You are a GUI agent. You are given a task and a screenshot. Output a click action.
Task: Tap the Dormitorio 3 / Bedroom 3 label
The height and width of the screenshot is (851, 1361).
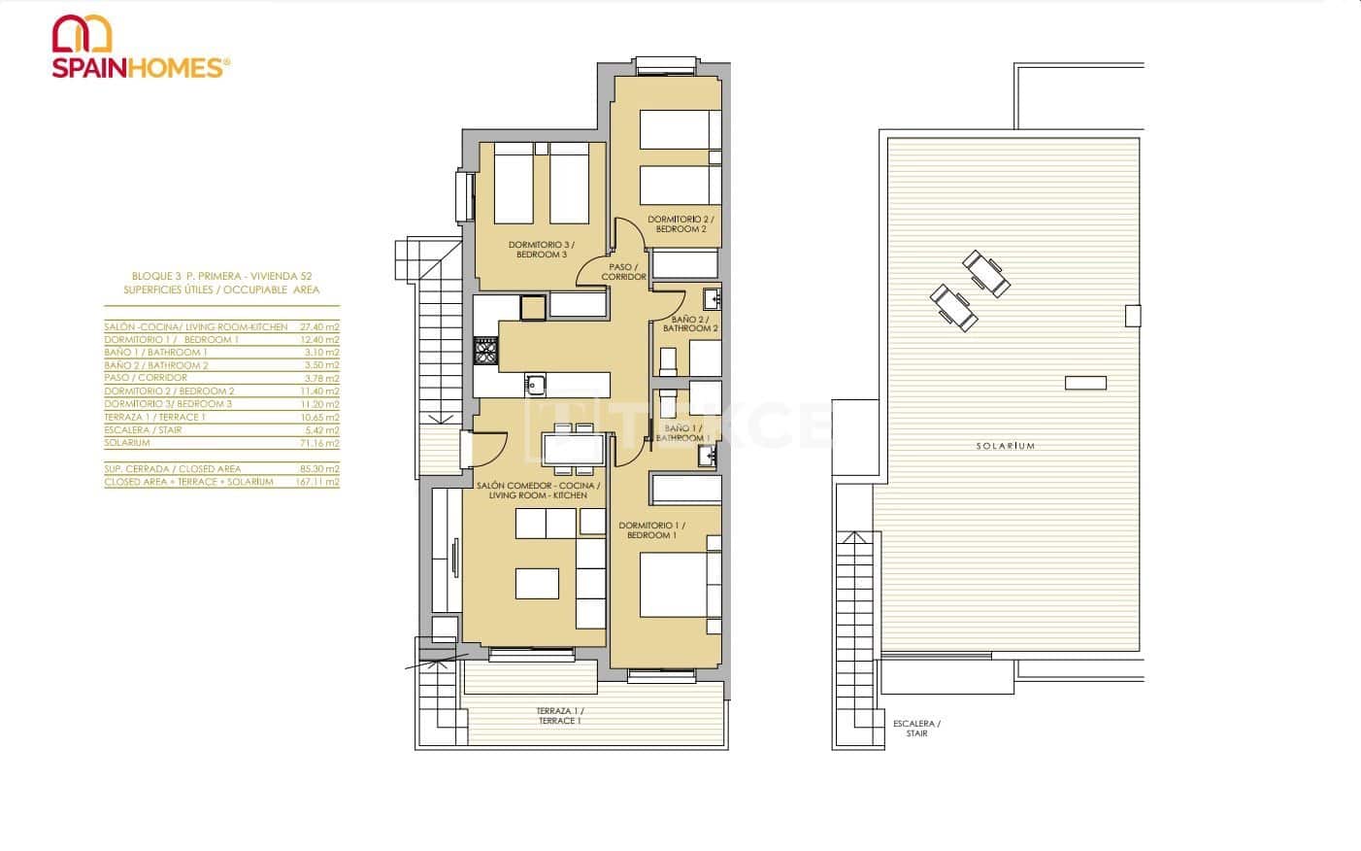pyautogui.click(x=542, y=250)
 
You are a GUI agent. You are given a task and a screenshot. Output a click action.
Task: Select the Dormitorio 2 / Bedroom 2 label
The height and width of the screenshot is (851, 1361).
pyautogui.click(x=680, y=224)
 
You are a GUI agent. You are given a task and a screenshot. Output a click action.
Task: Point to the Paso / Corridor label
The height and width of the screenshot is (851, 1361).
pyautogui.click(x=622, y=272)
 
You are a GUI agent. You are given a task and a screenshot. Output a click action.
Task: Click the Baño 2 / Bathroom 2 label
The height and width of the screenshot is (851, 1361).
pyautogui.click(x=690, y=323)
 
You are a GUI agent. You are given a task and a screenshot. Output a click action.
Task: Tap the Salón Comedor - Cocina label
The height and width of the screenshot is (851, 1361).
pyautogui.click(x=538, y=490)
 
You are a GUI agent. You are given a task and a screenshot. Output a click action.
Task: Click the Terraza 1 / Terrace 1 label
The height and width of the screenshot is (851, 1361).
pyautogui.click(x=559, y=716)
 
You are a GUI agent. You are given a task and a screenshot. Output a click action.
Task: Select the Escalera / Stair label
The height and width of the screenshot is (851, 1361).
pyautogui.click(x=916, y=729)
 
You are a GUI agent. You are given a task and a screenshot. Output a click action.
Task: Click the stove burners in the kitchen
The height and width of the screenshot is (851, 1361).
pyautogui.click(x=485, y=351)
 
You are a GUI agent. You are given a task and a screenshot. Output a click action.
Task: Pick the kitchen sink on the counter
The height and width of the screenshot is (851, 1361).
pyautogui.click(x=535, y=386)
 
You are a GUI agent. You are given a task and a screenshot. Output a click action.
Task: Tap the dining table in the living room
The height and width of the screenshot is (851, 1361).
pyautogui.click(x=572, y=450)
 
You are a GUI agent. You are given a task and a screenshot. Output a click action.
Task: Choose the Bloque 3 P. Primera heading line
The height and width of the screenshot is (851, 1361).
pyautogui.click(x=221, y=277)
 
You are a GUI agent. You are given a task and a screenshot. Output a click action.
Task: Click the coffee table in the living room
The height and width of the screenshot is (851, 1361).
pyautogui.click(x=537, y=583)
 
